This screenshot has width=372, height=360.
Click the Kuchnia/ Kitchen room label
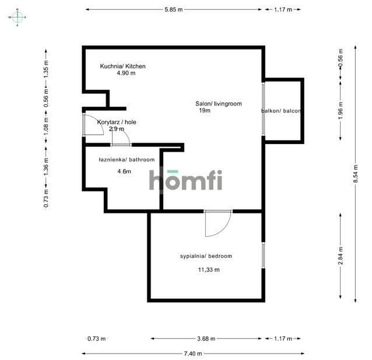coord(122,67)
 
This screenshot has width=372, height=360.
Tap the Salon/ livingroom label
coord(219,104)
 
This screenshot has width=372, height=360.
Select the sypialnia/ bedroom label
coord(206,256)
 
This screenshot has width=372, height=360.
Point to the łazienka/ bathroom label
coord(127,159)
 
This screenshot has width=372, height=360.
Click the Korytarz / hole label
coord(117,122)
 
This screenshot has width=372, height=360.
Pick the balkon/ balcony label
coord(281,111)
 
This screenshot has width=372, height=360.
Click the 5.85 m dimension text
coord(174,10)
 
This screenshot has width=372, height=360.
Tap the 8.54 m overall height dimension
coord(356,174)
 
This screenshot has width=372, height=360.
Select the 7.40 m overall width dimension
coord(193,354)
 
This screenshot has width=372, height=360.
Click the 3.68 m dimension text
coord(206,338)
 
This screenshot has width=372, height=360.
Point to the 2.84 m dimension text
coord(341,256)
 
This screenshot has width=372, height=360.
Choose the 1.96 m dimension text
coord(341,111)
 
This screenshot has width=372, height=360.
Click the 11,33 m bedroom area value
coord(209,270)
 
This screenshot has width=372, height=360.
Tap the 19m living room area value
coord(205,110)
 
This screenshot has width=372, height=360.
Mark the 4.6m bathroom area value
coord(124,171)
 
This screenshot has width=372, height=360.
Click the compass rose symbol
coord(17,17)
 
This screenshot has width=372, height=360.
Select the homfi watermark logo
coord(185,180)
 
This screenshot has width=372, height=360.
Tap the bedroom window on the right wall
coord(263,256)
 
